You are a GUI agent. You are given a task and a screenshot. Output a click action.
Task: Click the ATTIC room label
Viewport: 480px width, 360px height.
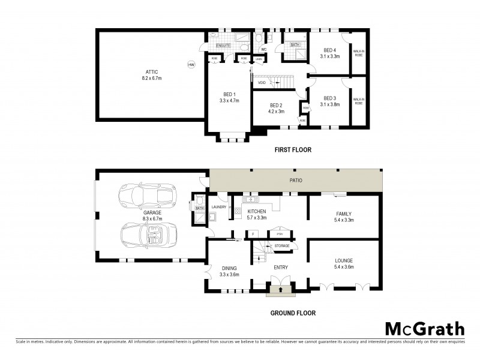143,72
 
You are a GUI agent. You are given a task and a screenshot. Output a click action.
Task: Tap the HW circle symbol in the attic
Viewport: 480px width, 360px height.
191,65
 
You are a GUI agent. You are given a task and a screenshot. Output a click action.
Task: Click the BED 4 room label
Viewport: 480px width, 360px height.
330,50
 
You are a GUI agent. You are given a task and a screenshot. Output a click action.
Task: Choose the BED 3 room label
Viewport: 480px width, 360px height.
330,98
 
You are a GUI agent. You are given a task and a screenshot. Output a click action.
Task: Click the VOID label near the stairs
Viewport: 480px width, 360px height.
262,83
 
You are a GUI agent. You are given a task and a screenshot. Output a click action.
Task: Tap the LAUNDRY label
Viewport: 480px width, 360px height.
219,207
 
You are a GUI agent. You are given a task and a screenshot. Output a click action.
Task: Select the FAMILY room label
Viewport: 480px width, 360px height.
344,214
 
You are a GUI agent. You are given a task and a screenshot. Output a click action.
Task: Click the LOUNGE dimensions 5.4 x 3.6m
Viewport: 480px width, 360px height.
344,267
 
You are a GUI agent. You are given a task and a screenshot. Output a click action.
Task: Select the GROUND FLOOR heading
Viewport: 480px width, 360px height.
292,313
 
